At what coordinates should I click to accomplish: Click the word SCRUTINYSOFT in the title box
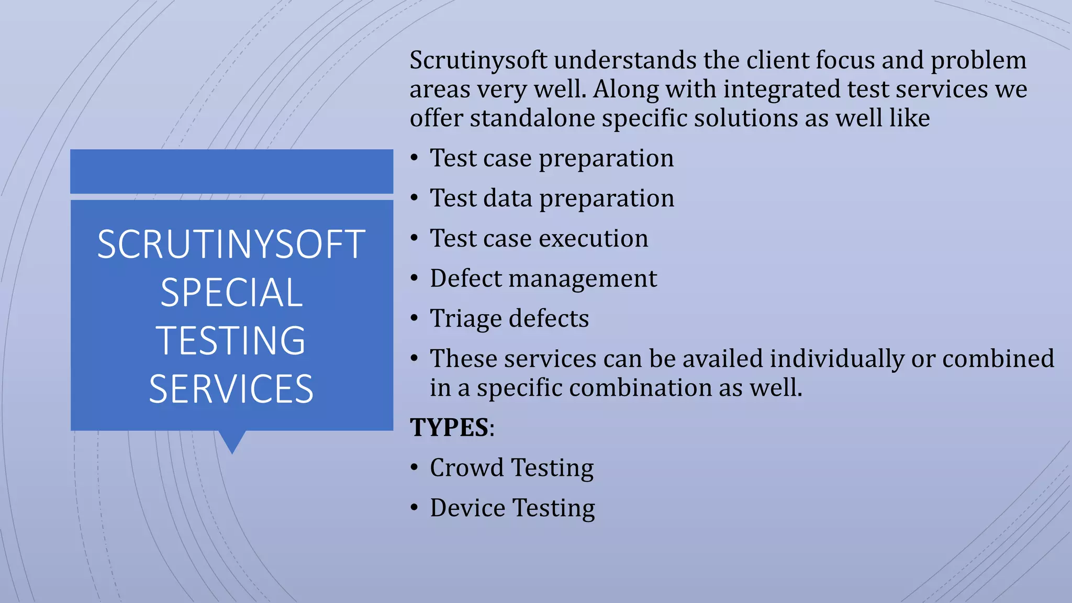click(x=231, y=244)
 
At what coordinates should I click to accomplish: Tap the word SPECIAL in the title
click(x=231, y=293)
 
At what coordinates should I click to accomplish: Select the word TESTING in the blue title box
click(x=231, y=341)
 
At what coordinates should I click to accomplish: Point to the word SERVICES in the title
click(x=231, y=389)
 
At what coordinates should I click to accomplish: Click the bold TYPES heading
click(x=449, y=427)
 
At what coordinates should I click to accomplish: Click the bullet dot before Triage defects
click(x=414, y=318)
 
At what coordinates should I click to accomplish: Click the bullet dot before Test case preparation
click(x=414, y=158)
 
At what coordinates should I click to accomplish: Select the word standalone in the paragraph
click(x=531, y=118)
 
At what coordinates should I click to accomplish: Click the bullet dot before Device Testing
click(x=414, y=508)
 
